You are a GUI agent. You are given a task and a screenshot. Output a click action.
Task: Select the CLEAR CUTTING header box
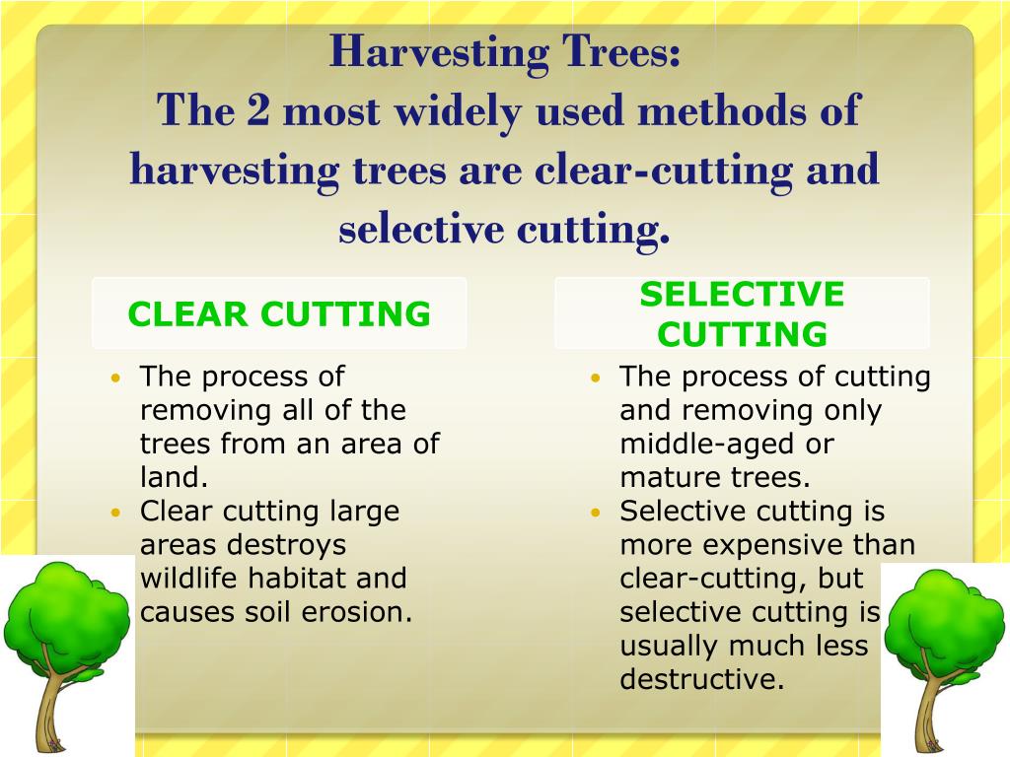[279, 313]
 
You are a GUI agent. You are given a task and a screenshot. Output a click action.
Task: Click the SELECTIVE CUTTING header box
[742, 313]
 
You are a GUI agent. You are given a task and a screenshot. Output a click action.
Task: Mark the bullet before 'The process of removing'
[117, 378]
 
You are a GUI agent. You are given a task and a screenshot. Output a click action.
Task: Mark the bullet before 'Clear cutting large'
[117, 513]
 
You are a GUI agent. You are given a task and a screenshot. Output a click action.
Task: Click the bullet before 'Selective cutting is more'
[596, 513]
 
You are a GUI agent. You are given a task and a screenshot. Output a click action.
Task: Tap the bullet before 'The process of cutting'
[596, 378]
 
